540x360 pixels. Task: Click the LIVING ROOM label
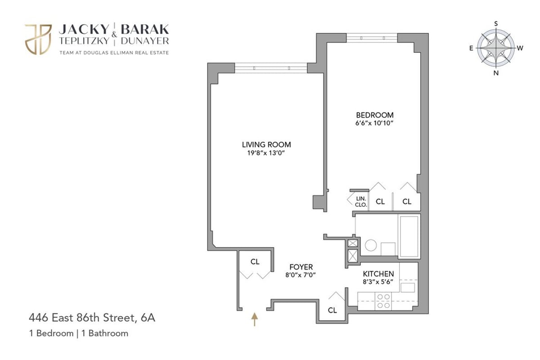(266, 144)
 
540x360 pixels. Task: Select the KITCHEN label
(378, 274)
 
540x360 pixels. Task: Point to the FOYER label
(301, 267)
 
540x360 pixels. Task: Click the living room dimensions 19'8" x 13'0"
(266, 153)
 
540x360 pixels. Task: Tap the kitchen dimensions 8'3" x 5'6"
(378, 282)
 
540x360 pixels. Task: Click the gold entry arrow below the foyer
(254, 319)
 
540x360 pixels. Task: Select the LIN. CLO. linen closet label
(361, 201)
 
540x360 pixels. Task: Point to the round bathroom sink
(371, 246)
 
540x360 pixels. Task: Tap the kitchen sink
(408, 287)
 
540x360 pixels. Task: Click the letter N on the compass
(496, 73)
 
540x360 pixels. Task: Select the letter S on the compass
(496, 23)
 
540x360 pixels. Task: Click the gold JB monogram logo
(38, 39)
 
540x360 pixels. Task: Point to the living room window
(270, 68)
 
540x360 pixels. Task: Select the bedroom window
(372, 38)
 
